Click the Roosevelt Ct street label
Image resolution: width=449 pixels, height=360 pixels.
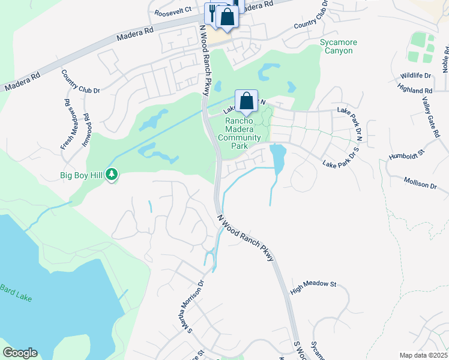[172, 11]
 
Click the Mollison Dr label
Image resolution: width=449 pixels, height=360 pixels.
[420, 183]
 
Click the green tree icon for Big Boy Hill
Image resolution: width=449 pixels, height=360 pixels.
[112, 175]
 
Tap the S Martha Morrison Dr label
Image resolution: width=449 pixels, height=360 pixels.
[196, 305]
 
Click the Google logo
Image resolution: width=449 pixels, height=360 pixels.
[20, 353]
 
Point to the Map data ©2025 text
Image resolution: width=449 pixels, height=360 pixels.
[423, 355]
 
